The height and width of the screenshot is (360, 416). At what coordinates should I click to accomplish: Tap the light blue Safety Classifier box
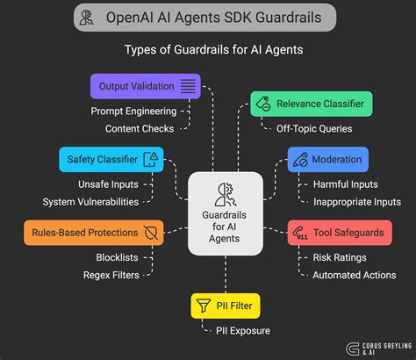point(111,159)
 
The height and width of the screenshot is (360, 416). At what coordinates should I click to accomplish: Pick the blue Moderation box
point(326,159)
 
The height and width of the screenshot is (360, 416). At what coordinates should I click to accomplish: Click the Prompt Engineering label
point(133,112)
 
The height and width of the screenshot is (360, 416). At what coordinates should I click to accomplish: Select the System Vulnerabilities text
point(90,202)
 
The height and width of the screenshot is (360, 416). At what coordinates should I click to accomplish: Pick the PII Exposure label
point(242,331)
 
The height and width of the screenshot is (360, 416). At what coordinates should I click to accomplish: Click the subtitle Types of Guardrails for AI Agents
point(207,50)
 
